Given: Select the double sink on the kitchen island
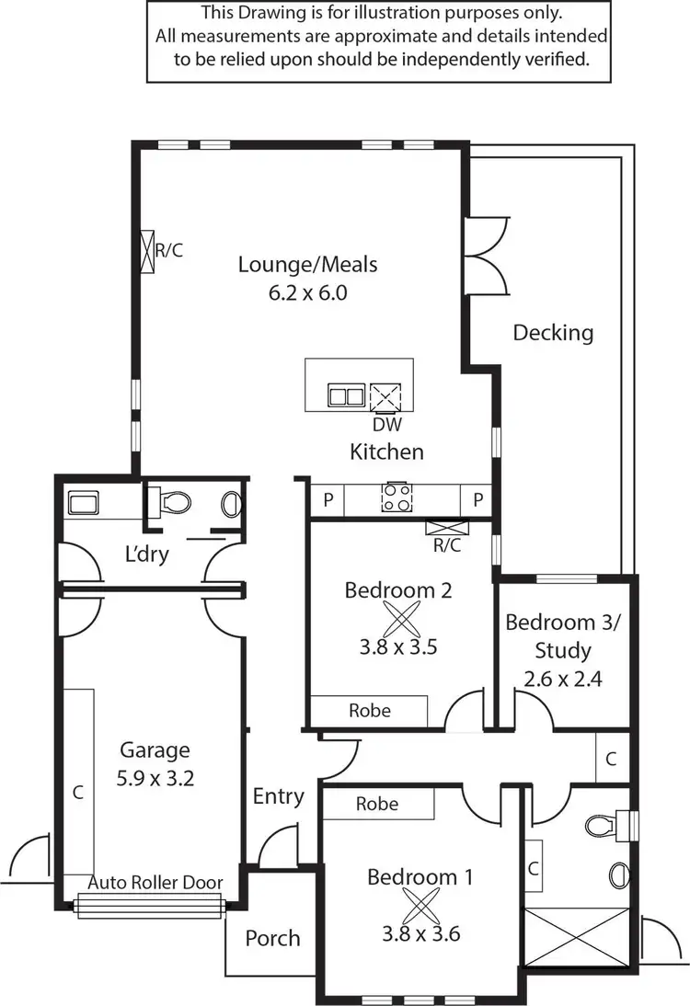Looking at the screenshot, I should tap(346, 396).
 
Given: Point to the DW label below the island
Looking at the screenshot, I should tap(386, 426).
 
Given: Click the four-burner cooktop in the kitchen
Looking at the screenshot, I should tap(397, 497).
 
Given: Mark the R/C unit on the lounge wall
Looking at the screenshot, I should tap(147, 250).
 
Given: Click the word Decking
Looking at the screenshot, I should tap(553, 332).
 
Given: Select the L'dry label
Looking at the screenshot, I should tap(148, 554).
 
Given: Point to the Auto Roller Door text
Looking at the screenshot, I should tap(155, 883).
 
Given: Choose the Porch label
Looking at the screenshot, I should tap(272, 938).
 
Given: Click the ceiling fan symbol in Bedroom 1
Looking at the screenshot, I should tap(420, 906).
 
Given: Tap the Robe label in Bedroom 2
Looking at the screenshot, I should tap(369, 710).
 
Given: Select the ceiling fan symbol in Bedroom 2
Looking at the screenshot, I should tap(398, 618).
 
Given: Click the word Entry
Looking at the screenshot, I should tap(278, 796).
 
